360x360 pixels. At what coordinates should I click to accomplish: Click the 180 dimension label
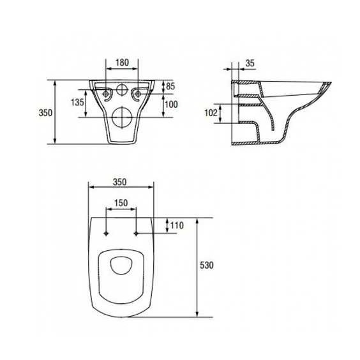[x=122, y=63]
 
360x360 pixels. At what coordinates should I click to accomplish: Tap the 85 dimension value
[x=170, y=86]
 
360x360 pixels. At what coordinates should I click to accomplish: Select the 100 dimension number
[x=172, y=105]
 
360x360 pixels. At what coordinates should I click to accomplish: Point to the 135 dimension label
[x=77, y=102]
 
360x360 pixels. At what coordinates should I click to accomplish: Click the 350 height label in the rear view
[x=45, y=113]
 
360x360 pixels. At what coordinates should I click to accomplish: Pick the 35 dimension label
[x=250, y=63]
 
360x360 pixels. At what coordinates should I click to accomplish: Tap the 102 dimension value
[x=211, y=113]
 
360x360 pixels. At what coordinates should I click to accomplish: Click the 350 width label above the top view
[x=119, y=182]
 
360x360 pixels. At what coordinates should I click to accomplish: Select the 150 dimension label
[x=121, y=203]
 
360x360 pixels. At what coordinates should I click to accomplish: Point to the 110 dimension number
[x=177, y=225]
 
